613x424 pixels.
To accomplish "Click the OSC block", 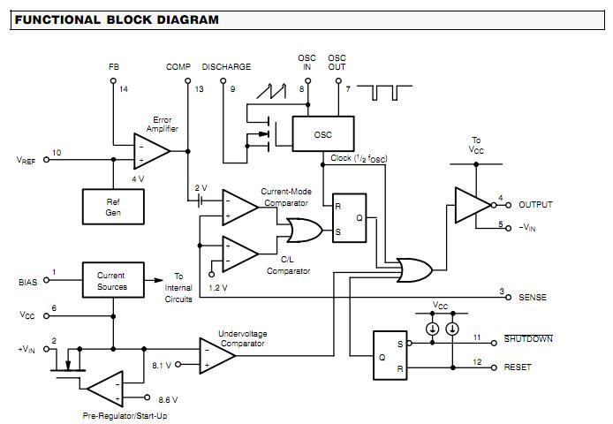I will [x=323, y=134].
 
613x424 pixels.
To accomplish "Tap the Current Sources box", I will [x=111, y=281].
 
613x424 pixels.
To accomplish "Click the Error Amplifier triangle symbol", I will [x=149, y=151].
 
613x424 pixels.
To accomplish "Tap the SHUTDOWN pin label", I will [x=527, y=338].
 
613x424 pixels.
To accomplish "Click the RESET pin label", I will [x=518, y=366].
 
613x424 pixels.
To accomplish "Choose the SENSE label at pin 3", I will [x=533, y=297].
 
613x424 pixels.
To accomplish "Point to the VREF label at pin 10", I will [x=27, y=160].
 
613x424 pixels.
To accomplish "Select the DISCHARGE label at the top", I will [x=226, y=67].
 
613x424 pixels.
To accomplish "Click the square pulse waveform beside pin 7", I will [x=390, y=92].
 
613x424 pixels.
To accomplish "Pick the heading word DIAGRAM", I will [x=181, y=19].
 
